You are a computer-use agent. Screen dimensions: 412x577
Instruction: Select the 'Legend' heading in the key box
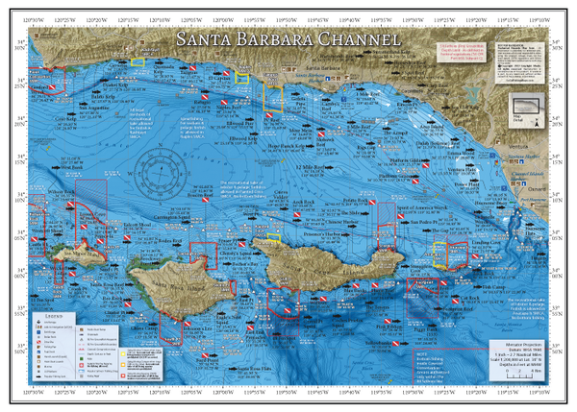[x=55, y=315]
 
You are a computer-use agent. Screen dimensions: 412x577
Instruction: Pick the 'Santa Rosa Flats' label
[x=256, y=368]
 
